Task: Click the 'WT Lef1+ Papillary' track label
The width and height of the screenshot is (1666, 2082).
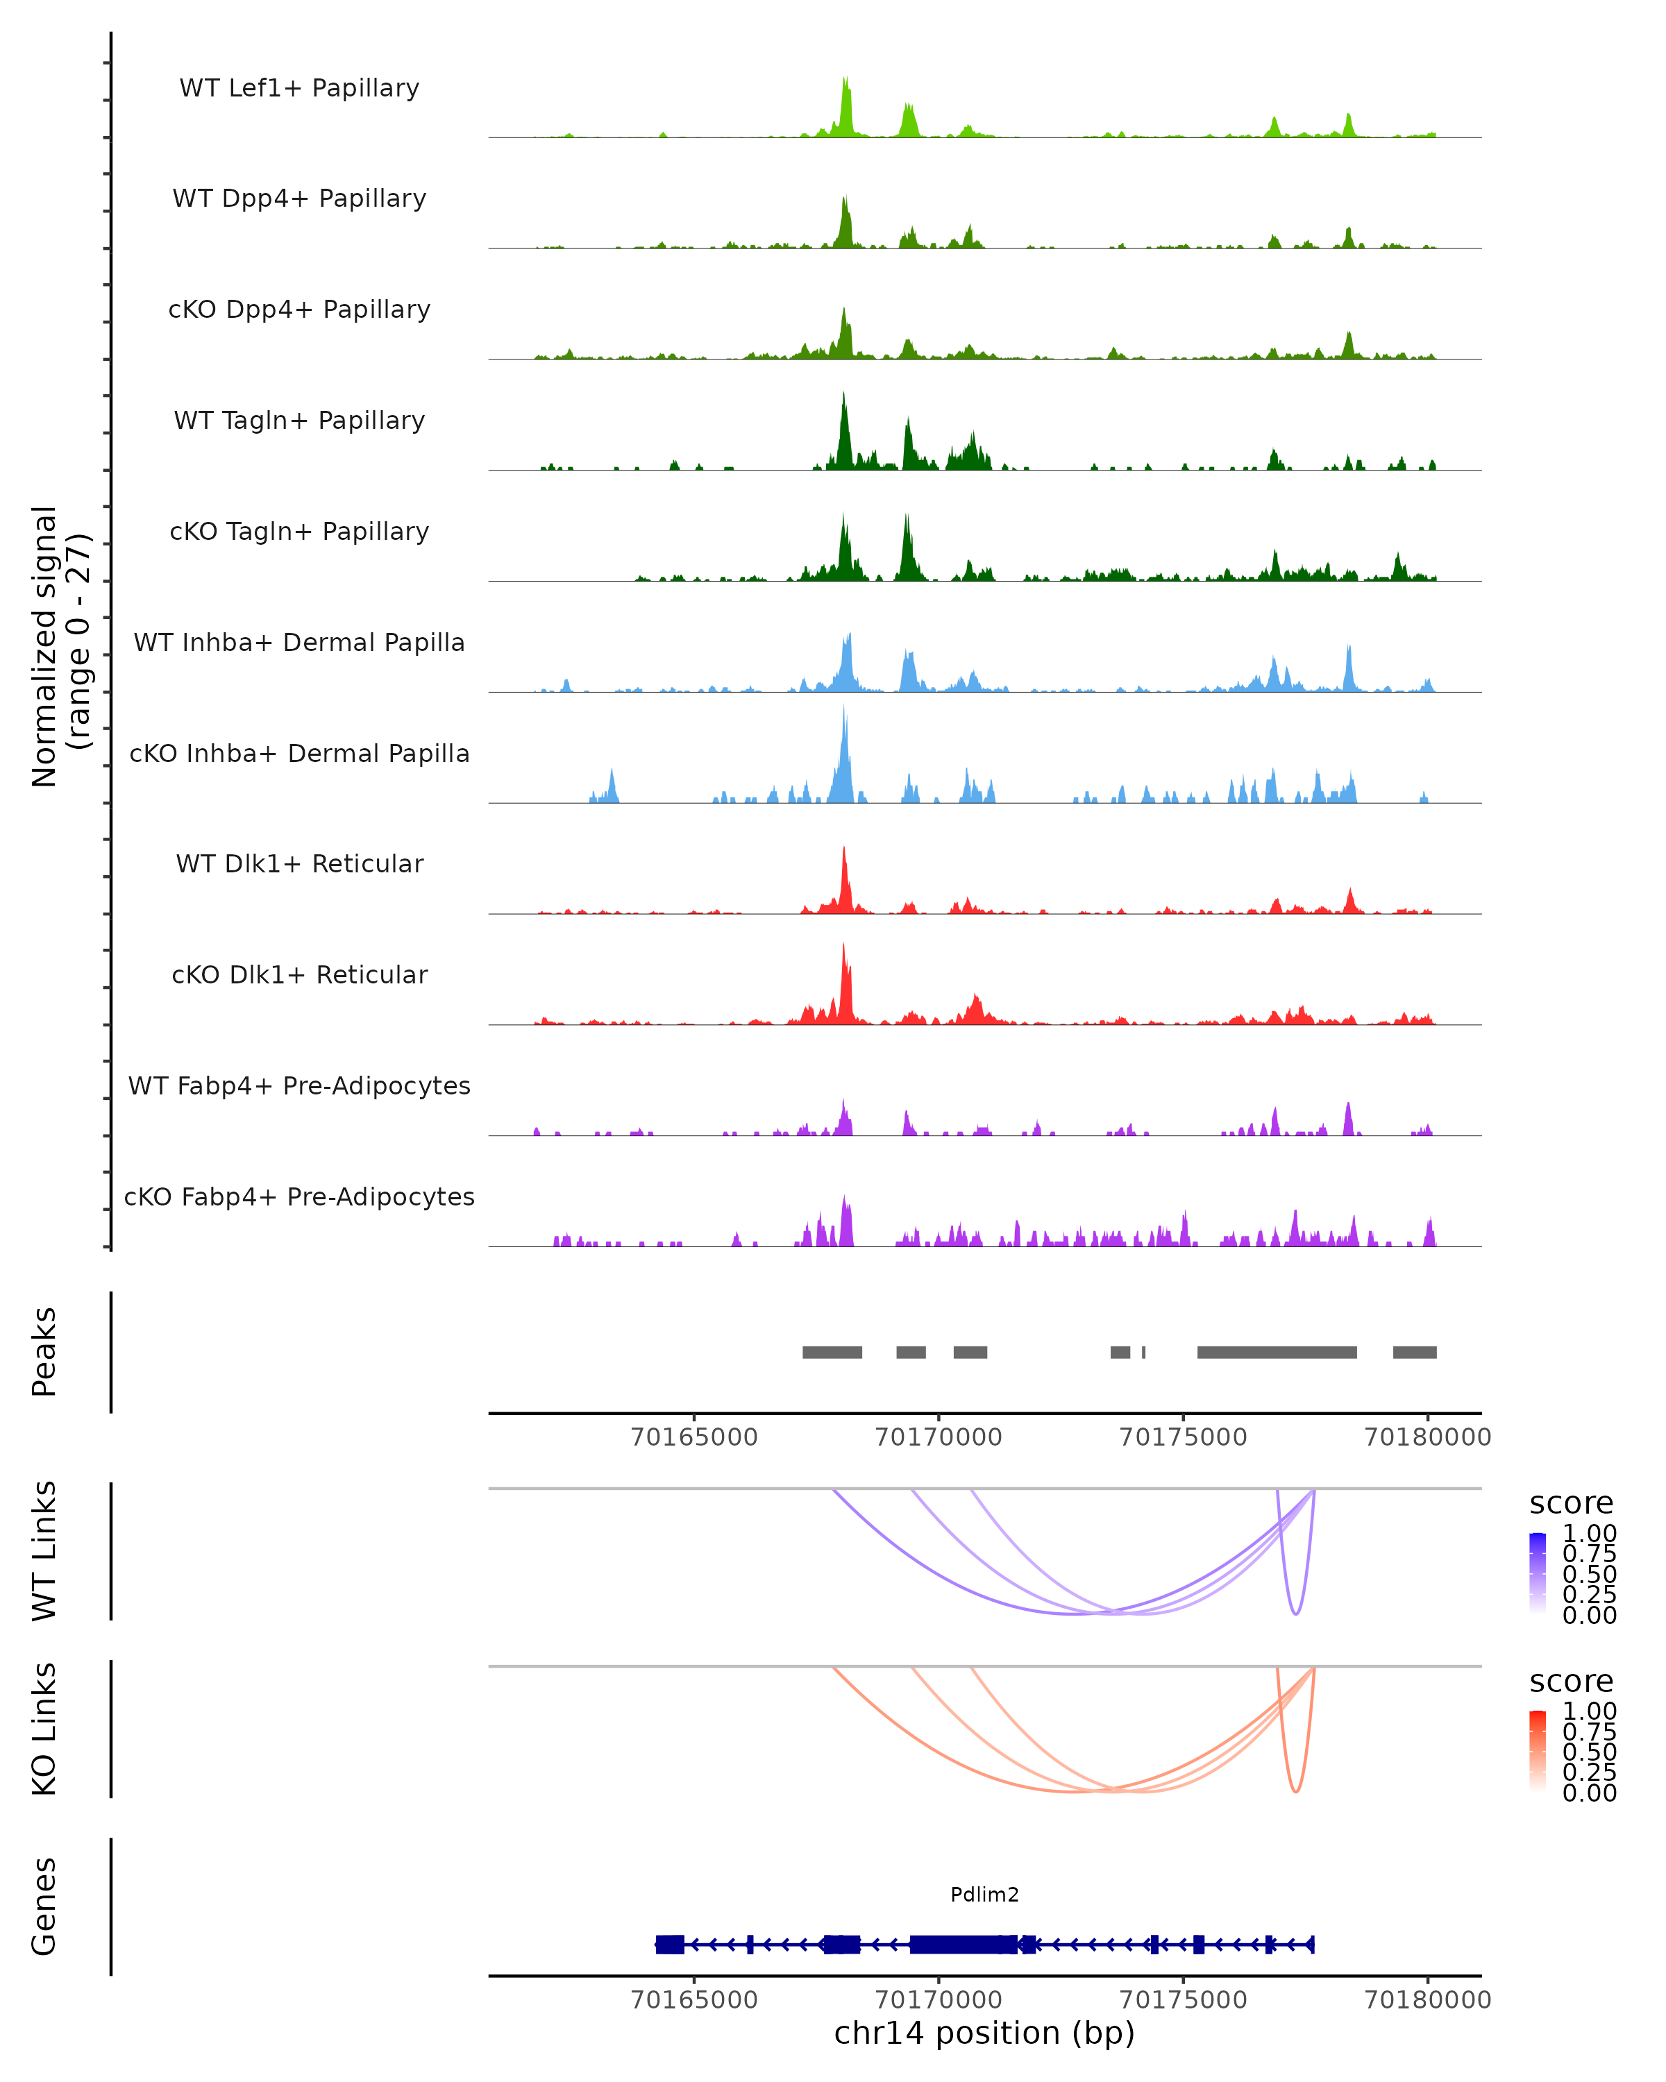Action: [x=299, y=88]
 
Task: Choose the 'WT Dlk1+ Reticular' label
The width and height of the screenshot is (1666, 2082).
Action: [x=299, y=863]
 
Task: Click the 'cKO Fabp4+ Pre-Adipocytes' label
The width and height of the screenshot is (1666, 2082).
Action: [x=299, y=1196]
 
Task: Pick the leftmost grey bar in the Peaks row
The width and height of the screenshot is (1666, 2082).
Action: [x=832, y=1352]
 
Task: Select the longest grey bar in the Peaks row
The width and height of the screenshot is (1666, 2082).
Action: [x=1276, y=1352]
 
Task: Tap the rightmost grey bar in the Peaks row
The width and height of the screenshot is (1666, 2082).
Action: [x=1414, y=1352]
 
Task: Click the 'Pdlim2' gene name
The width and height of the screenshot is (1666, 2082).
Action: [x=984, y=1895]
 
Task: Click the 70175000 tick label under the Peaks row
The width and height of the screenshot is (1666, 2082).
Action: [x=1182, y=1437]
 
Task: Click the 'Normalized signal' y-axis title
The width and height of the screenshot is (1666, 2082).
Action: [x=44, y=646]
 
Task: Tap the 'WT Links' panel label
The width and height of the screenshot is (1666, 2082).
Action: [x=44, y=1551]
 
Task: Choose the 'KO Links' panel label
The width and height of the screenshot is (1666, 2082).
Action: [x=44, y=1729]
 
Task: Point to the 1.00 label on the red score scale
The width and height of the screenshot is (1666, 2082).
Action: [x=1589, y=1711]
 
